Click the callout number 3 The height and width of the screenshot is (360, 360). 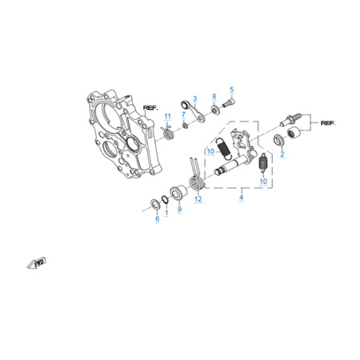tap(194, 98)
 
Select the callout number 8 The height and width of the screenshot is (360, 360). tap(214, 97)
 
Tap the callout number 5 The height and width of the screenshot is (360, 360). tap(232, 90)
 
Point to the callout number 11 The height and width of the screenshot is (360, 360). tap(167, 117)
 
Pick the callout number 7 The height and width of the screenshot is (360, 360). tap(183, 114)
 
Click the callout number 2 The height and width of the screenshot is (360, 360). tap(282, 154)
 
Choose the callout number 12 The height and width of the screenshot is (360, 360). tap(198, 199)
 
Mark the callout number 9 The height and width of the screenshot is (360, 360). tap(179, 210)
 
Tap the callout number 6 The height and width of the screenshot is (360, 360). tap(158, 219)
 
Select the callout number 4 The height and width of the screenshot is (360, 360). tap(242, 198)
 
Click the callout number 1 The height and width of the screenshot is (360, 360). tap(166, 213)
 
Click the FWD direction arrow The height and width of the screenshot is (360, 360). tap(36, 262)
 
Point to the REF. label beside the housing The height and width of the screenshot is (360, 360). tap(150, 108)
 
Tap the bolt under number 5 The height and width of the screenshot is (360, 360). tap(229, 103)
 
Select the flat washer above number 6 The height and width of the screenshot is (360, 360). tap(154, 204)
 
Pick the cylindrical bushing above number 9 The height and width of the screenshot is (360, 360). tap(178, 192)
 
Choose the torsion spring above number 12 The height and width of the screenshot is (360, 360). tap(197, 178)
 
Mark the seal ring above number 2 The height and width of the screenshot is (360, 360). tap(279, 140)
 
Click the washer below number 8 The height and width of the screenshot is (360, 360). tap(215, 110)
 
